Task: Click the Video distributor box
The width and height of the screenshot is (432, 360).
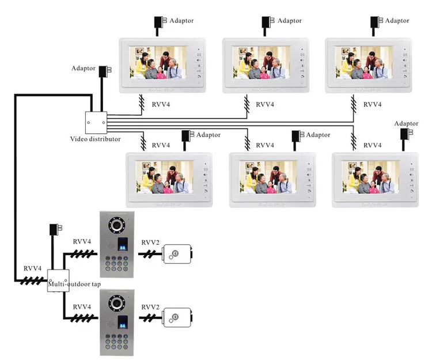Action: (96, 123)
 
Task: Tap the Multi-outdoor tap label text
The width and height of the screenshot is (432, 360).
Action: (74, 284)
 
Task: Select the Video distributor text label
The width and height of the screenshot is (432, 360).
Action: (95, 139)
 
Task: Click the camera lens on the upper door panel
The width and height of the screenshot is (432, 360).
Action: (117, 225)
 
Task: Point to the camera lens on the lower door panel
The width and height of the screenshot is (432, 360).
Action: (117, 303)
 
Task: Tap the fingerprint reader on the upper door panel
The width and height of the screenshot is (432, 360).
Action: (123, 244)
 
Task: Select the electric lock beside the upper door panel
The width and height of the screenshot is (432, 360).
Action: (177, 254)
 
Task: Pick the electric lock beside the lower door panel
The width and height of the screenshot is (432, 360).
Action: (177, 317)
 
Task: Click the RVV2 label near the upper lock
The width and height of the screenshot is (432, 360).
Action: (150, 242)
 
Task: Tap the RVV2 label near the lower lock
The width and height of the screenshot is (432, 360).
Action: (150, 307)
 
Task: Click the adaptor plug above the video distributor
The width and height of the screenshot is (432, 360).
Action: (105, 70)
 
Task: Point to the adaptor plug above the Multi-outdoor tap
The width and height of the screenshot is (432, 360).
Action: (56, 229)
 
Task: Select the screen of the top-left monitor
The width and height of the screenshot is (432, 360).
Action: (158, 63)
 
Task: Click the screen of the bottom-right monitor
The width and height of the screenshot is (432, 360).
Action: (371, 177)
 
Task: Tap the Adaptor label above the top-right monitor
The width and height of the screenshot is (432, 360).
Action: (397, 21)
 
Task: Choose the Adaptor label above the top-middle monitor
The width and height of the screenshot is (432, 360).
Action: (290, 21)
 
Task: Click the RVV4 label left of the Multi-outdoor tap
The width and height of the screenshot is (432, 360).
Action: (32, 268)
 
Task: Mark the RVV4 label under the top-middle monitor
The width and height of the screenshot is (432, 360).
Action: (265, 104)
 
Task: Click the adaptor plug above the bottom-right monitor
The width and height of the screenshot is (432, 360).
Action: (407, 134)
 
